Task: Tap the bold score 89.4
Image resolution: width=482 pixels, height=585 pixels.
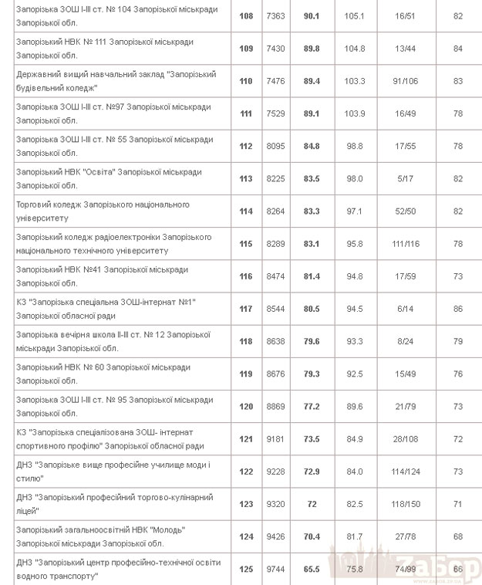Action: click(312, 81)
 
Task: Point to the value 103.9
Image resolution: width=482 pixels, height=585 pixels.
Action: click(355, 113)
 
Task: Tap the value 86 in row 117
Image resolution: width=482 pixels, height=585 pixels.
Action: click(458, 309)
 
